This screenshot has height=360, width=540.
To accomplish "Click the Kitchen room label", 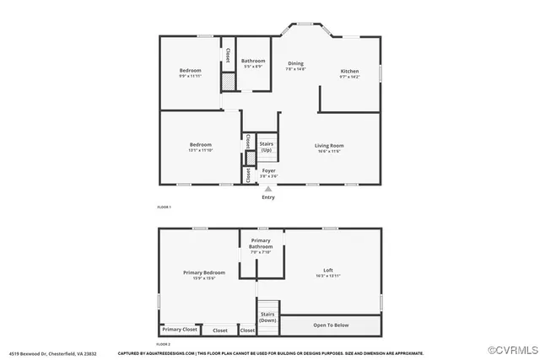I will pyautogui.click(x=349, y=71).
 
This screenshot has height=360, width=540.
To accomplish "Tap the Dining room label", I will pyautogui.click(x=295, y=63).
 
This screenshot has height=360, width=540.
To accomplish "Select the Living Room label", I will pyautogui.click(x=329, y=146).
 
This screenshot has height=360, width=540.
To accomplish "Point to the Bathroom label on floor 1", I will pyautogui.click(x=253, y=61).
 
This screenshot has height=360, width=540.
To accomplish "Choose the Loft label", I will pyautogui.click(x=328, y=271).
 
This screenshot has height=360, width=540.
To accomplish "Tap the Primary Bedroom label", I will pyautogui.click(x=204, y=272).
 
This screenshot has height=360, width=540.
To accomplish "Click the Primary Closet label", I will pyautogui.click(x=180, y=329).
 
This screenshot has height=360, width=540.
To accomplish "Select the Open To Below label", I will pyautogui.click(x=331, y=325).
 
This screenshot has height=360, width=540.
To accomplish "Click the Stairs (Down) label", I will pyautogui.click(x=267, y=317).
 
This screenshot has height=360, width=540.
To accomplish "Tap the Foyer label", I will pyautogui.click(x=268, y=171).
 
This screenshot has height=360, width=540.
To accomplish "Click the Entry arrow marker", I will pyautogui.click(x=268, y=189).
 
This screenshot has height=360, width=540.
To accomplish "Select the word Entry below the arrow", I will pyautogui.click(x=268, y=197).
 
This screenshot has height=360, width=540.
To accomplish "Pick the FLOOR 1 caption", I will pyautogui.click(x=164, y=207).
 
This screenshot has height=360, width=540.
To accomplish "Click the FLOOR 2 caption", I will pyautogui.click(x=164, y=344).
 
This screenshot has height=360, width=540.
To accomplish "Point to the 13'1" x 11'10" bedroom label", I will pyautogui.click(x=201, y=148).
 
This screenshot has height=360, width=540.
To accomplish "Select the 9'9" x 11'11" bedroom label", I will pyautogui.click(x=190, y=73).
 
